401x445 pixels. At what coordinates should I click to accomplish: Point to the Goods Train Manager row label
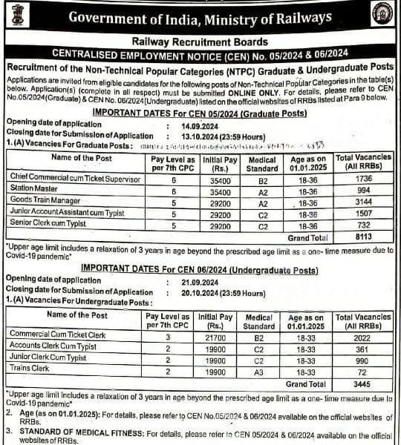[46, 201]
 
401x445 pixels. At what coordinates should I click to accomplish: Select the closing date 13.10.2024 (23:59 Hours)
[223, 136]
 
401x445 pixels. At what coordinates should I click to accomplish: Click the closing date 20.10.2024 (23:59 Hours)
[223, 293]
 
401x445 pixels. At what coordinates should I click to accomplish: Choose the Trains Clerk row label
[29, 368]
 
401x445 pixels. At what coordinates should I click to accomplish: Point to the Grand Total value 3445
[362, 385]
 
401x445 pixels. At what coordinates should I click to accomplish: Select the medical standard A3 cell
[259, 372]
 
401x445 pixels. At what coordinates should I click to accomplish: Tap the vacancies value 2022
[362, 335]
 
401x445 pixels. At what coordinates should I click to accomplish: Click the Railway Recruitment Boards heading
[200, 43]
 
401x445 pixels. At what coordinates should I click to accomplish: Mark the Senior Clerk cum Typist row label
[48, 223]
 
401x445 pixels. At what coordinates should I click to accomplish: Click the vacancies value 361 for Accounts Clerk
[362, 347]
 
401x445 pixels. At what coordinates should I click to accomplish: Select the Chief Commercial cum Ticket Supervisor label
[75, 179]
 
